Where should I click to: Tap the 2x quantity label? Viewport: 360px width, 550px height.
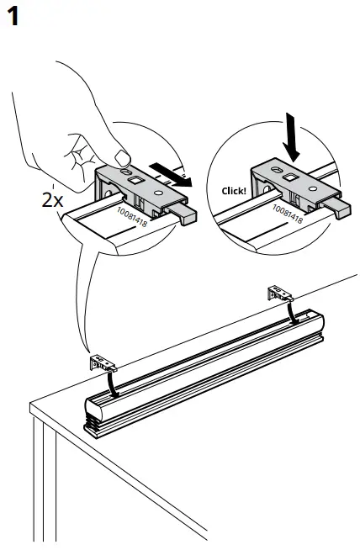click(52, 202)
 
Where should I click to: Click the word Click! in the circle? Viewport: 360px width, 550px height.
click(235, 190)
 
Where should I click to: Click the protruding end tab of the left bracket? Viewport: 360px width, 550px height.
click(189, 216)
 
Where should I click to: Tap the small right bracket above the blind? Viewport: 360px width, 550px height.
click(280, 292)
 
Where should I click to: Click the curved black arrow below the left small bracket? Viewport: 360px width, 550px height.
click(110, 383)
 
